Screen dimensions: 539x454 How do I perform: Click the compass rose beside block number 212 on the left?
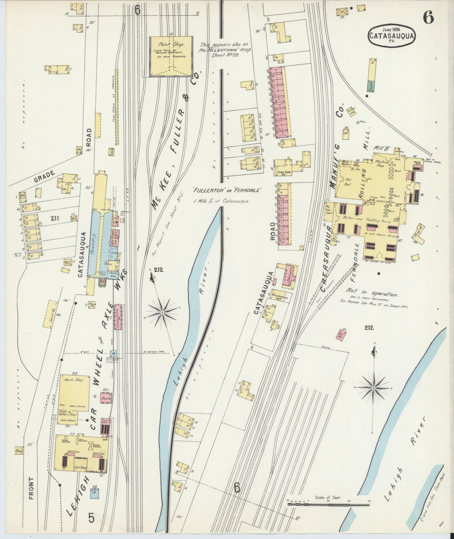click(x=162, y=312)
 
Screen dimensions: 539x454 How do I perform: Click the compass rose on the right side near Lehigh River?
click(x=374, y=388)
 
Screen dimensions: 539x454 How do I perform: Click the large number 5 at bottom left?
click(x=91, y=518)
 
